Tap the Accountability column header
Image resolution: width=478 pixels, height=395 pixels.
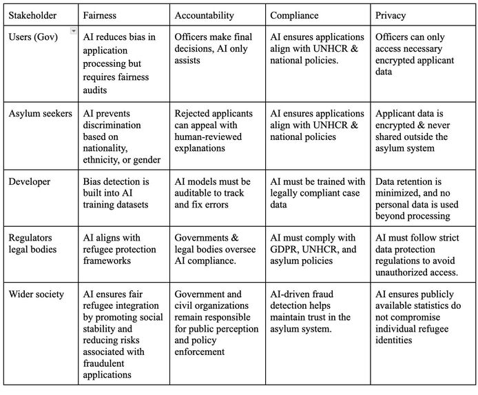205,14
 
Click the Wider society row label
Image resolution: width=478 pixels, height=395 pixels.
36,294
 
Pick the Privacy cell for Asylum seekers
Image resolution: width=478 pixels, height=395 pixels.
419,130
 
